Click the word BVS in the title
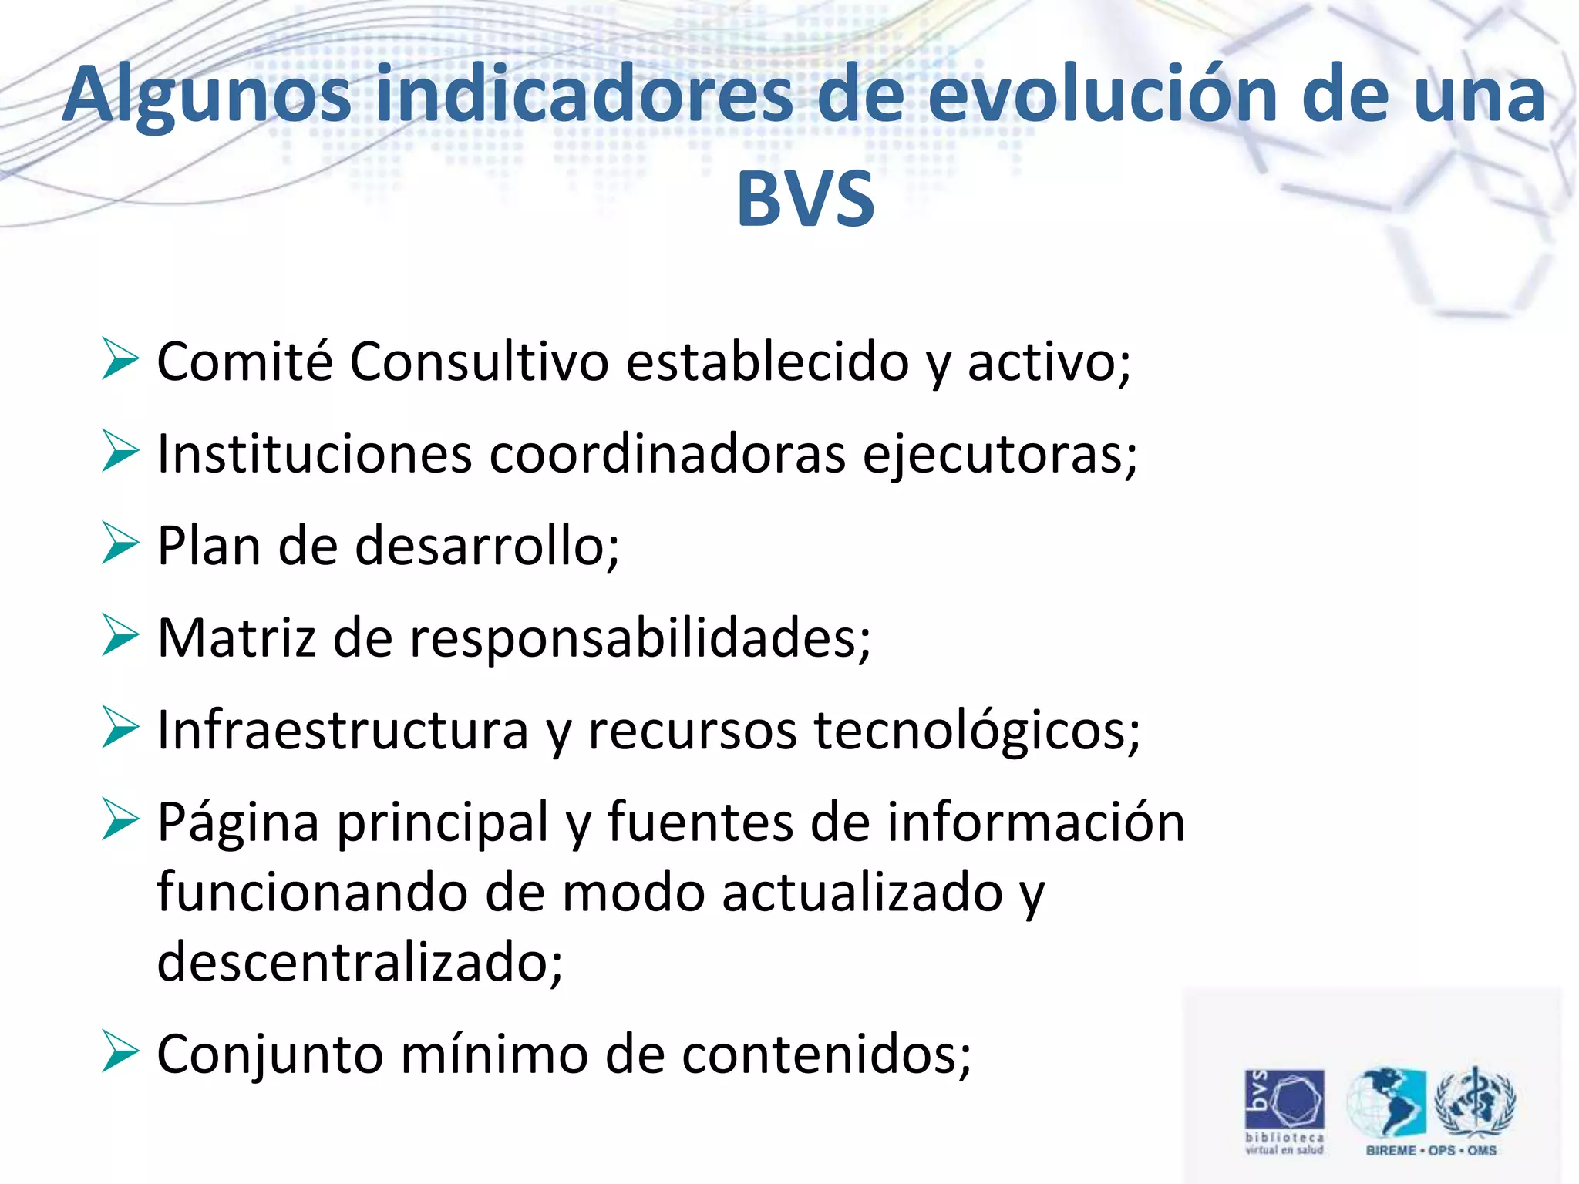point(805,199)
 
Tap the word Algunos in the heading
point(207,96)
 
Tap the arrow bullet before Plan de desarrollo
point(120,543)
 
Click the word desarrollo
point(486,546)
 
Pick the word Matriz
point(236,638)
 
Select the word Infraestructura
point(342,730)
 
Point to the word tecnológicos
point(976,730)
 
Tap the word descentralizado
point(359,961)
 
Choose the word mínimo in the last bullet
point(494,1054)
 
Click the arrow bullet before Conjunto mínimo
point(120,1052)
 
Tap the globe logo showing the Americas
point(1386,1102)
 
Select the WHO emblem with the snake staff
point(1474,1102)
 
